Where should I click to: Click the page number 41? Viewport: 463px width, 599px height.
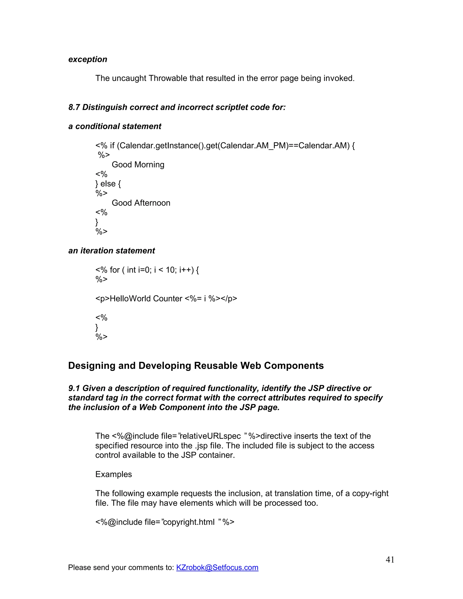390,559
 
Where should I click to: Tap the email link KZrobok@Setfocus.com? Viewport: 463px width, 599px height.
217,567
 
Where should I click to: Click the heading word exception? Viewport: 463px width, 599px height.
87,59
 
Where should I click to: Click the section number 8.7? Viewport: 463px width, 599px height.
74,107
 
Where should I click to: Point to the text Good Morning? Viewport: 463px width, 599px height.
138,165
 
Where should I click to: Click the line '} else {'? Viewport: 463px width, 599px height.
108,184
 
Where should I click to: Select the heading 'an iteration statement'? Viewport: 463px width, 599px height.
111,251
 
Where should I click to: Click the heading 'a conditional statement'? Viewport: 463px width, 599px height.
115,126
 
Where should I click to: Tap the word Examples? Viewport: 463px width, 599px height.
113,474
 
